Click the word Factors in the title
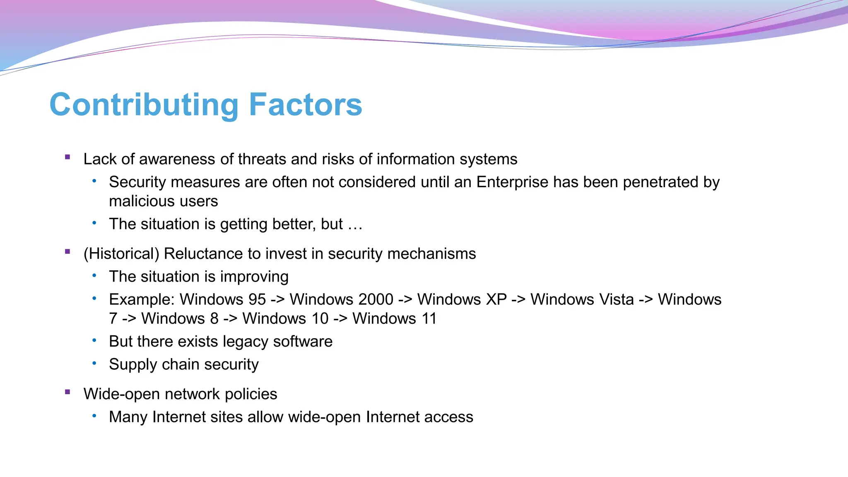(305, 105)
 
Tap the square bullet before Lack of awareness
(67, 157)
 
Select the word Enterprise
(512, 182)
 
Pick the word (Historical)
(121, 254)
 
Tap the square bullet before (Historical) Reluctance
(67, 252)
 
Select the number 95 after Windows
(257, 299)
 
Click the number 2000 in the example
(376, 299)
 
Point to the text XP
(496, 299)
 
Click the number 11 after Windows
(429, 318)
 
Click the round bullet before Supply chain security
(94, 363)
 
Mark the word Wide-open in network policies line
(121, 394)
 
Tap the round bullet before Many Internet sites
(94, 416)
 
